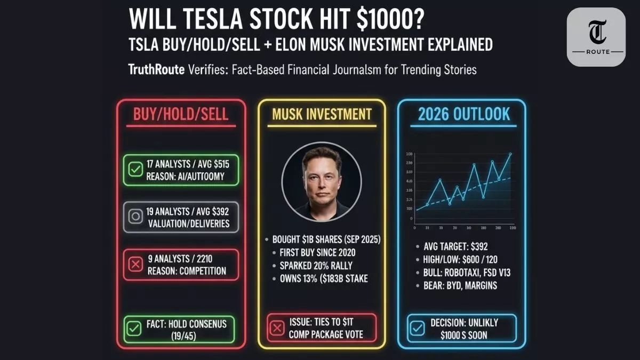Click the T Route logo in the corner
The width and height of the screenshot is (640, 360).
point(596,37)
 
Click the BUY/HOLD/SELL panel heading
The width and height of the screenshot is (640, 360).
point(181,113)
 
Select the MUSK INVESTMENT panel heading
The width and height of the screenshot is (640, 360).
point(322,114)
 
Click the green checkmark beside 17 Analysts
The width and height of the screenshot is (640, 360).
point(135,170)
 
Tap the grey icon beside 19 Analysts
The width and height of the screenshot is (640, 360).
point(135,217)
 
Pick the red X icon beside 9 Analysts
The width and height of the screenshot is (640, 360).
point(135,264)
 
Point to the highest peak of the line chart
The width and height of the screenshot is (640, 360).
point(510,154)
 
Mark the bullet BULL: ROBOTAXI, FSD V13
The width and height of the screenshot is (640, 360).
point(466,273)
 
